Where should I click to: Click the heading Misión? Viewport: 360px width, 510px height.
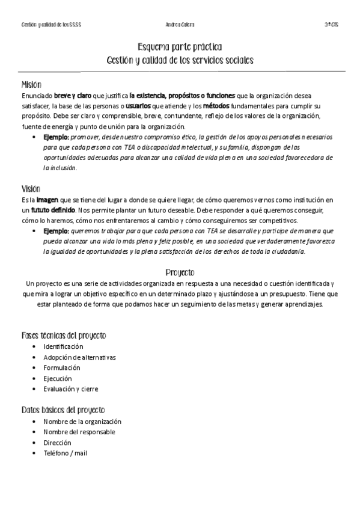tap(31, 85)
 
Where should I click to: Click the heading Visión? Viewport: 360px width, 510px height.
tap(31, 188)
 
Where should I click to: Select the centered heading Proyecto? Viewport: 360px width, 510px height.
tap(180, 272)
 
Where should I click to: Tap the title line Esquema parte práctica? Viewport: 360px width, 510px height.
tap(180, 48)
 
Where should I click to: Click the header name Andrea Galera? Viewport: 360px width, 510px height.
tap(180, 25)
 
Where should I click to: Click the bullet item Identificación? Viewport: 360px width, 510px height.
tap(64, 346)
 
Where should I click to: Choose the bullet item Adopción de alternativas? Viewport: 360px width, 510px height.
tap(79, 357)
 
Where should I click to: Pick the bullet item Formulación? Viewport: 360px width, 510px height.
tap(61, 367)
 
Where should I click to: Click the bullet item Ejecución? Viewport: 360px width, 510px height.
tap(58, 378)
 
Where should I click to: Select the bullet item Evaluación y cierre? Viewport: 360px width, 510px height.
tap(71, 389)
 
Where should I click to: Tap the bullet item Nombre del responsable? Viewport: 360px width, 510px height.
tap(79, 432)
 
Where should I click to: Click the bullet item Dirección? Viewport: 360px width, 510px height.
tap(57, 443)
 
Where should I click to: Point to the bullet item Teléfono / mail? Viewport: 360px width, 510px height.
tap(65, 453)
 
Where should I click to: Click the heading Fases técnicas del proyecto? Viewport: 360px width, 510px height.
tap(64, 335)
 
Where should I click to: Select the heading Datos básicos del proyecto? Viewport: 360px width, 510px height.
tap(63, 410)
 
